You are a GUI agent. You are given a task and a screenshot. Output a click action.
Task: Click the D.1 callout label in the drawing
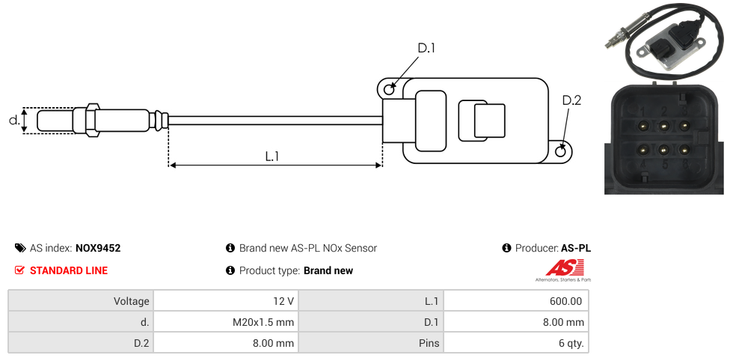click(426, 49)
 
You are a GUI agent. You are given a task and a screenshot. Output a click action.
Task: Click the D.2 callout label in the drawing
click(571, 101)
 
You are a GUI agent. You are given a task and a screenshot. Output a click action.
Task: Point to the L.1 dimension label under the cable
click(272, 157)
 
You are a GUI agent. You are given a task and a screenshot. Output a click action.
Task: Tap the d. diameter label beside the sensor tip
click(13, 120)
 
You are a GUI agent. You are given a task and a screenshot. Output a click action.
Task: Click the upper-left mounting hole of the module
click(389, 90)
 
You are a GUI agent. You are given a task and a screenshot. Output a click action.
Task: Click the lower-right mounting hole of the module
click(562, 152)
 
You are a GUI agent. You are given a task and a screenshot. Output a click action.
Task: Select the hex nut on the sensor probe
click(93, 120)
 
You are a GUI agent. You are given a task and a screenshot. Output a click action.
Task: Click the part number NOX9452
click(98, 248)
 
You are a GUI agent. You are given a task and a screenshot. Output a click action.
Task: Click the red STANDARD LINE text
click(69, 270)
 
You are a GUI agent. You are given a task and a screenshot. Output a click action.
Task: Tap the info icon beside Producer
click(506, 248)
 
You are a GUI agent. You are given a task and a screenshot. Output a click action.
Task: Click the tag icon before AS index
click(20, 248)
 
